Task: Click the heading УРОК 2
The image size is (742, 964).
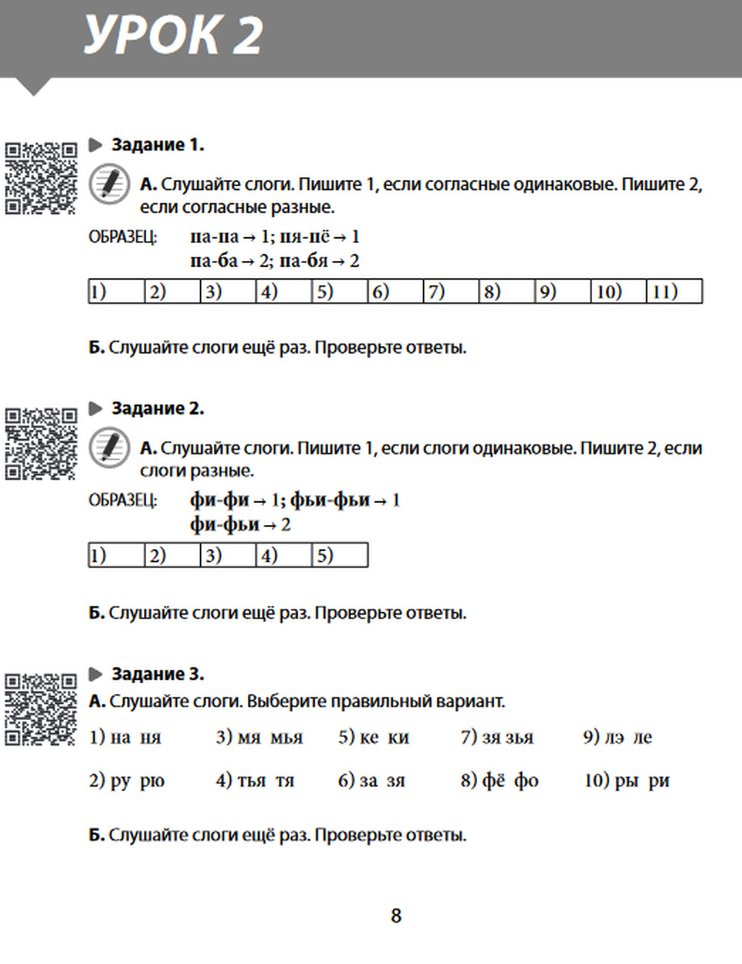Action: pyautogui.click(x=173, y=35)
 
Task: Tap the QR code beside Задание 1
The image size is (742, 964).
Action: pyautogui.click(x=41, y=178)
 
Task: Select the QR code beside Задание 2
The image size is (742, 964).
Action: pyautogui.click(x=41, y=443)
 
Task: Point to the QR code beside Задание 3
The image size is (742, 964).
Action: pyautogui.click(x=41, y=709)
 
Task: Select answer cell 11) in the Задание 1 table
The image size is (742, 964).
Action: pyautogui.click(x=674, y=291)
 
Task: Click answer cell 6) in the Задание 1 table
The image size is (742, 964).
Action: pyautogui.click(x=395, y=291)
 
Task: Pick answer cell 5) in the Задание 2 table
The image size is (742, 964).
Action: pyautogui.click(x=339, y=555)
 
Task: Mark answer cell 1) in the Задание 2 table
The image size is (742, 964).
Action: pyautogui.click(x=116, y=555)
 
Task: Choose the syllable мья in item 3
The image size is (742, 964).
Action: pyautogui.click(x=286, y=738)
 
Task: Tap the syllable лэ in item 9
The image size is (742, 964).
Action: pyautogui.click(x=614, y=738)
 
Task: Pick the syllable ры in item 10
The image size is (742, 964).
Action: pyautogui.click(x=627, y=781)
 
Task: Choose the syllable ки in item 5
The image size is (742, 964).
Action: pyautogui.click(x=398, y=738)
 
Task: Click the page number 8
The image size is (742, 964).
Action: pyautogui.click(x=396, y=916)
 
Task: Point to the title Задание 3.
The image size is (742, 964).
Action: pyautogui.click(x=157, y=674)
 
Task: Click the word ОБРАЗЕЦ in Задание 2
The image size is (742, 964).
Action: pyautogui.click(x=122, y=501)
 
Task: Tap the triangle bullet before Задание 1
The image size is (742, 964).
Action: pyautogui.click(x=96, y=145)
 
